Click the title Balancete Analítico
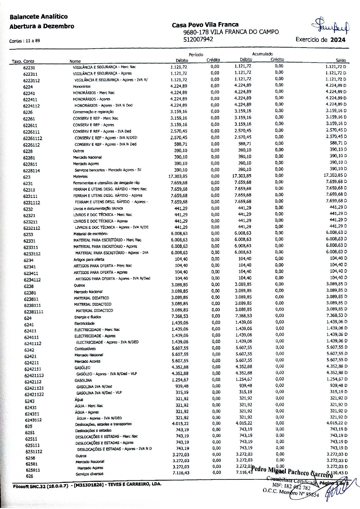click(x=38, y=16)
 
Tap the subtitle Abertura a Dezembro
click(x=42, y=26)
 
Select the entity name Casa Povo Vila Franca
click(x=205, y=25)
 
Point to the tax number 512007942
click(x=198, y=39)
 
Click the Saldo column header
click(x=341, y=60)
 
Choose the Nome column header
click(x=75, y=61)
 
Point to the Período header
click(x=196, y=54)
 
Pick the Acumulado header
click(x=262, y=54)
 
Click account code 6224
click(x=28, y=87)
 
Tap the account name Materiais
click(x=80, y=176)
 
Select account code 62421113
click(x=34, y=375)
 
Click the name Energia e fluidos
click(x=88, y=317)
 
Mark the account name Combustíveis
click(x=85, y=349)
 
